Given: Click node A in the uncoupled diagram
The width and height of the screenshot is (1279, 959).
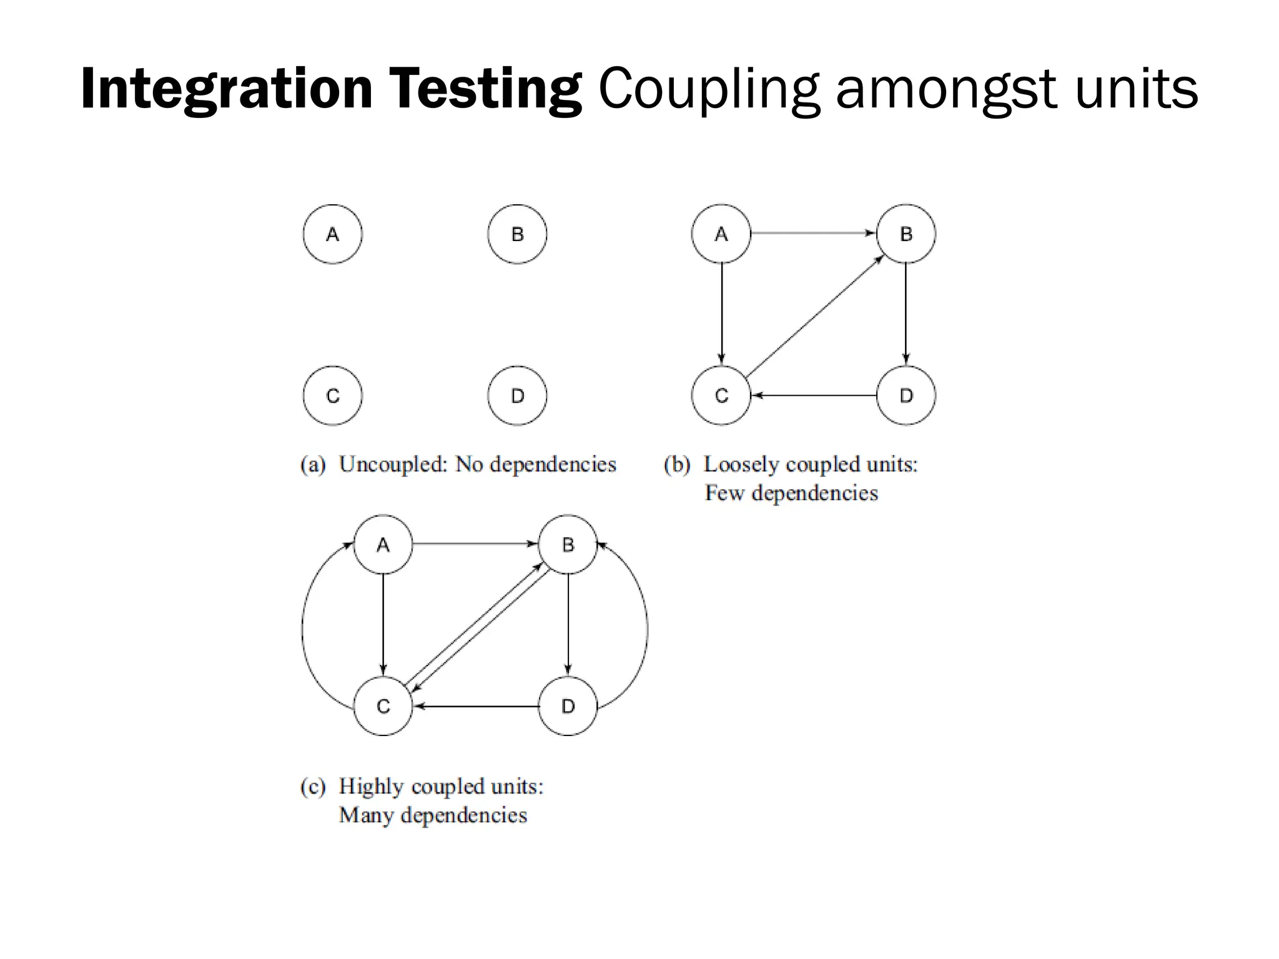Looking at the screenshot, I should (332, 234).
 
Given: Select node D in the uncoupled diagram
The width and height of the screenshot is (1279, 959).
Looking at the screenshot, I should (517, 395).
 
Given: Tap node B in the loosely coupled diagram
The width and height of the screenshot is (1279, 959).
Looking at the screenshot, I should (906, 234).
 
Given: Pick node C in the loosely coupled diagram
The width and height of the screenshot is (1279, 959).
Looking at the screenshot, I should (721, 395).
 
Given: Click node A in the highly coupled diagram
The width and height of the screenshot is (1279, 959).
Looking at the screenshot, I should (383, 544).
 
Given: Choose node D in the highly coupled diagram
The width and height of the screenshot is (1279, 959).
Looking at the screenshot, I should (568, 706).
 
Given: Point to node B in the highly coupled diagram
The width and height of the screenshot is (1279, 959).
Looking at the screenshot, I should (568, 544).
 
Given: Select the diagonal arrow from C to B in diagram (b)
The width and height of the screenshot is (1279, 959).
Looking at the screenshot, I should (814, 315).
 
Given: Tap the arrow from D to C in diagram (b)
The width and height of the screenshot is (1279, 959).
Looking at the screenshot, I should (813, 395).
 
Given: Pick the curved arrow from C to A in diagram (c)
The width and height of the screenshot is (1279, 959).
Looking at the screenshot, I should (303, 627).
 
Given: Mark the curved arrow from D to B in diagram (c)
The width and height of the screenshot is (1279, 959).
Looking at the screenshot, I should (647, 627).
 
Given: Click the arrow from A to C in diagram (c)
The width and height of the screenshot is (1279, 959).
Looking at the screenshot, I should (383, 625).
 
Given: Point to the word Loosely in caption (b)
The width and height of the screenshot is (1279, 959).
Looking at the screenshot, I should (741, 465).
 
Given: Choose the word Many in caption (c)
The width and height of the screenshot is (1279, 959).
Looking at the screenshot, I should (365, 815).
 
